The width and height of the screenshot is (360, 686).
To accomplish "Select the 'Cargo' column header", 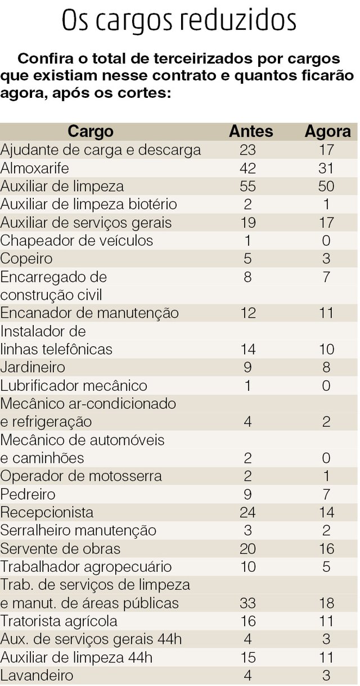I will point(91,132).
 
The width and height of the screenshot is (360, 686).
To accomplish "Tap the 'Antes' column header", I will point(251,132).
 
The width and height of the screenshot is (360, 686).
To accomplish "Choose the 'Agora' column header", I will point(327,132).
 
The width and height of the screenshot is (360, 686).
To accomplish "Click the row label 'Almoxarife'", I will point(33,168).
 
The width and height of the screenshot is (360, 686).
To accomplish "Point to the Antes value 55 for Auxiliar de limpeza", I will point(247,186).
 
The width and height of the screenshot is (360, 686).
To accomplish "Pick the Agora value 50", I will point(326,186).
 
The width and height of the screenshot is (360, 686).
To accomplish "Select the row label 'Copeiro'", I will point(26,259).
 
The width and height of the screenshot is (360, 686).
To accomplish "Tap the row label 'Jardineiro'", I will point(33,367).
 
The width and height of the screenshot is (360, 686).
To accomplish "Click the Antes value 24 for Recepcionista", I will point(247,512).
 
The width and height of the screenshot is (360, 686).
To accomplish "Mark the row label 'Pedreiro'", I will point(28,494).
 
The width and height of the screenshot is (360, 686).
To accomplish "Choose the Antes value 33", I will point(247,603).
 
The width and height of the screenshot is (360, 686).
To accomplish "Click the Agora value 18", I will point(326,603).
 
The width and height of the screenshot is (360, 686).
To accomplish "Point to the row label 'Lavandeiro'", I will point(37,675).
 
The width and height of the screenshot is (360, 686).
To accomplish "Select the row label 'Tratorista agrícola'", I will point(59,621).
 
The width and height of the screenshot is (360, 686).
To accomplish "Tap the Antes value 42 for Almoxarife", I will point(247,168).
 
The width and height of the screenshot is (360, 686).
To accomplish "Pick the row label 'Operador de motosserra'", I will point(81,476).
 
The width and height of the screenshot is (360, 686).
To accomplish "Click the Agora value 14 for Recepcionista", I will point(326,512).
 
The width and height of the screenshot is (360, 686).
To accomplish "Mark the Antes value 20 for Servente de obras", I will point(247,548).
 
